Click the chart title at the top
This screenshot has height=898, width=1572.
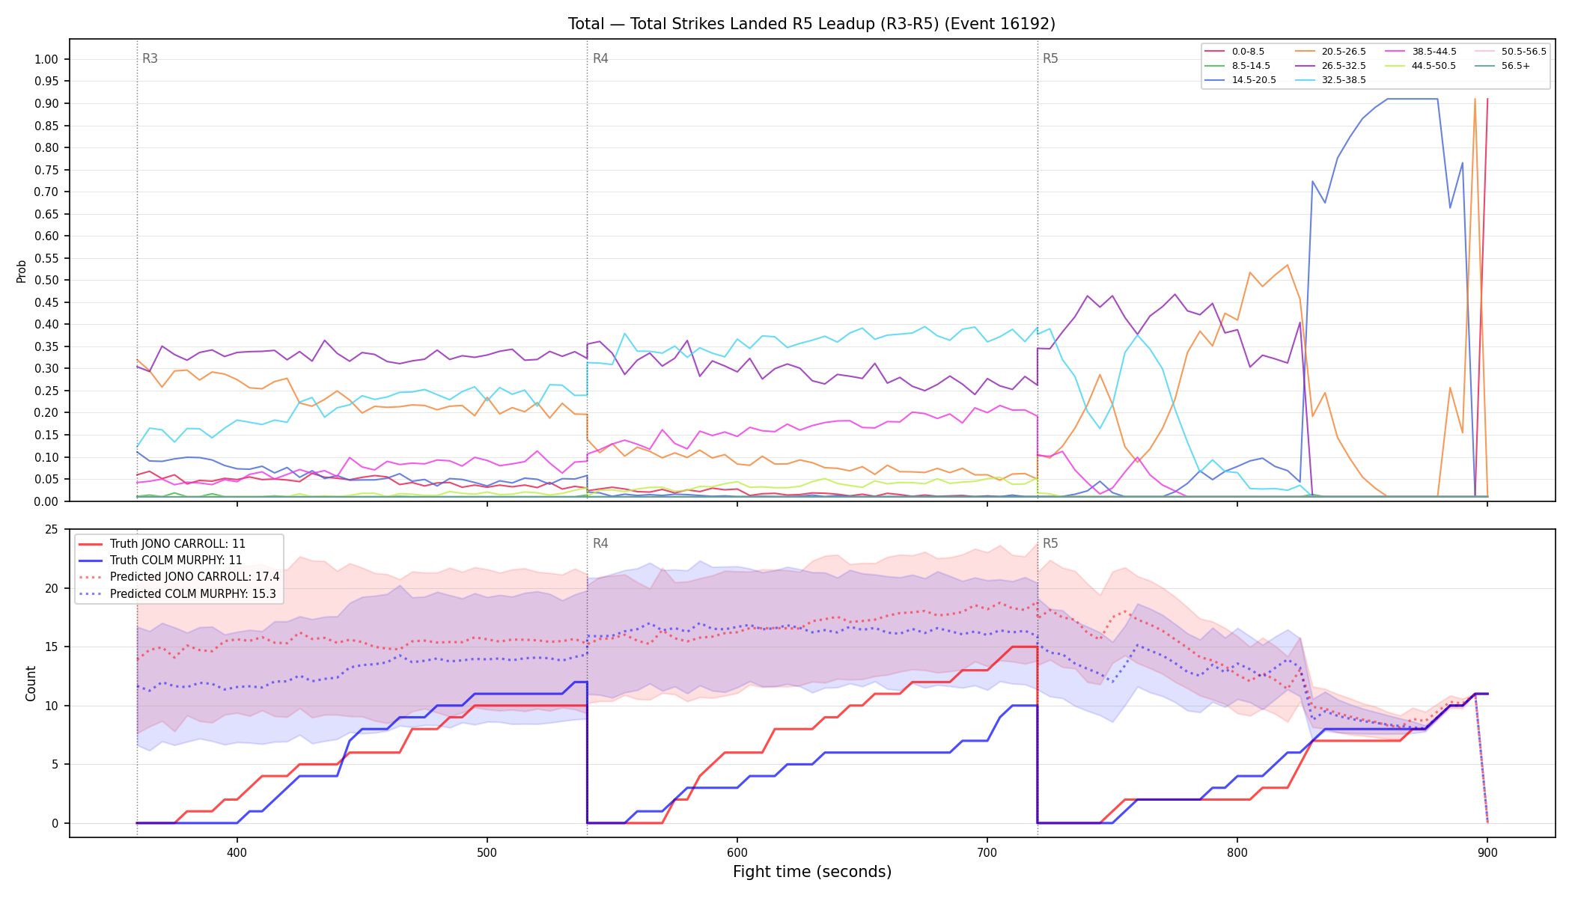811,24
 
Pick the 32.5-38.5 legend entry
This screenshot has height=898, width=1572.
1330,80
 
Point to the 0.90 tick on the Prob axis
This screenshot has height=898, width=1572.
46,103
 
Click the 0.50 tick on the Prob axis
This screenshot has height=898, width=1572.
46,280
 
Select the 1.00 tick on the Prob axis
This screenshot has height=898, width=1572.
46,59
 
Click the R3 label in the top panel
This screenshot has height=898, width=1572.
150,58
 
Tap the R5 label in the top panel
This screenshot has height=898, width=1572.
1050,58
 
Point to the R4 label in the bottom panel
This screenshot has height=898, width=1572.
600,543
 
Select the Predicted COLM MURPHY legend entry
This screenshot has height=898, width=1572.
178,594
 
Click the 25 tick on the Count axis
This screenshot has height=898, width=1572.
52,530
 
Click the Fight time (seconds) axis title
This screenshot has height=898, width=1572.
812,872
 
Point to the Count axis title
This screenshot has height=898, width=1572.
31,683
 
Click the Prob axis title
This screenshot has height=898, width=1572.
21,271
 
